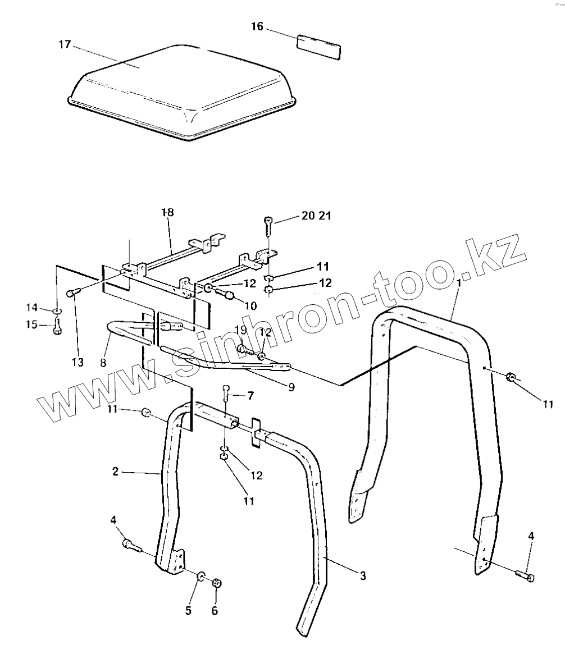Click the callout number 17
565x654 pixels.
click(x=65, y=44)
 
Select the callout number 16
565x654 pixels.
click(x=257, y=27)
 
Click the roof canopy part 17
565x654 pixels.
click(x=185, y=93)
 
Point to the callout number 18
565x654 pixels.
click(x=167, y=212)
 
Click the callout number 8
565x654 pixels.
click(x=103, y=363)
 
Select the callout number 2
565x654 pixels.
click(x=115, y=472)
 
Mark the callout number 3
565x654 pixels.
click(x=363, y=576)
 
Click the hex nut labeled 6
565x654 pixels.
click(x=217, y=584)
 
